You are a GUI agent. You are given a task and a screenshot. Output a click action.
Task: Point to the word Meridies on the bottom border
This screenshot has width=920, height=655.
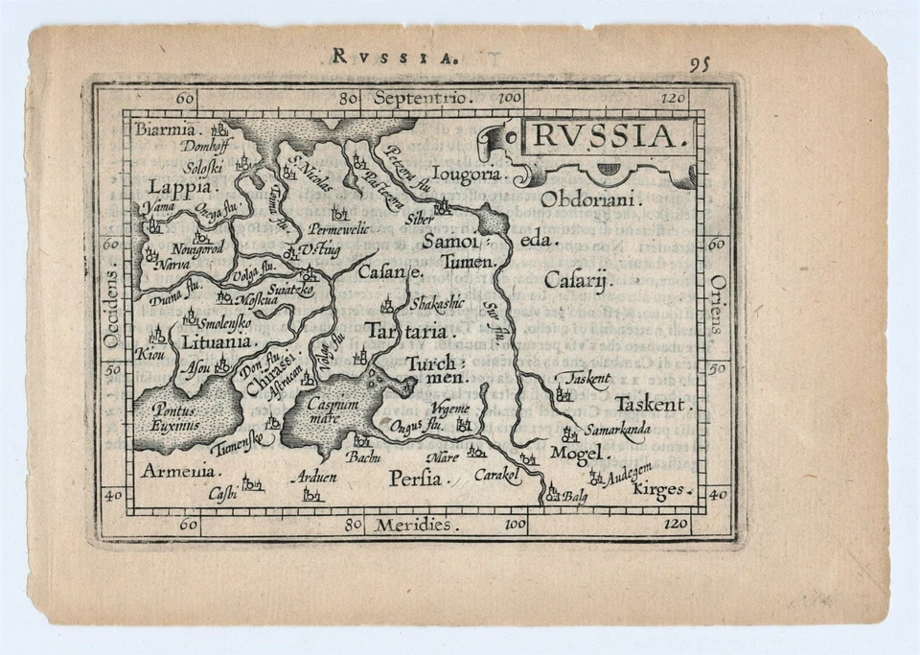(414, 525)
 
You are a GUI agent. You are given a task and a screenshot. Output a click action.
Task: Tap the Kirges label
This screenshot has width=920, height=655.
(660, 490)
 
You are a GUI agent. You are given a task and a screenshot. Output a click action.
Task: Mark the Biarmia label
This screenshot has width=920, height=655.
(165, 129)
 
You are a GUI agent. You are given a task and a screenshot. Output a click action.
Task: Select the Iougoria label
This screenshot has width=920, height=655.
(467, 175)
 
